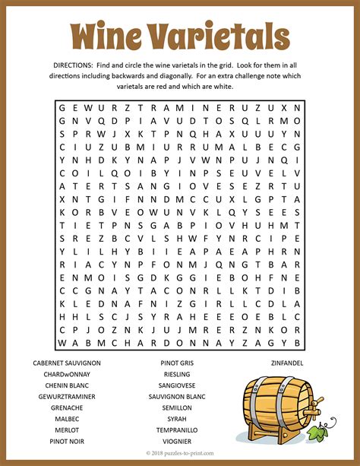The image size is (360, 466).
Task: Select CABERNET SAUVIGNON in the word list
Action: [x=67, y=363]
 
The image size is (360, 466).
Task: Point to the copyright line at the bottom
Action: [x=180, y=454]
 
